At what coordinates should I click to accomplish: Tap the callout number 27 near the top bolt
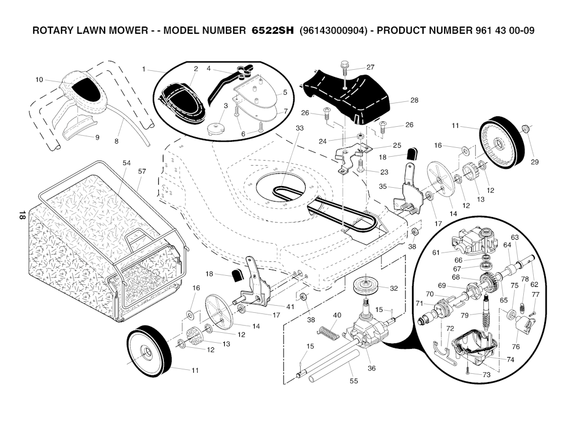(370, 67)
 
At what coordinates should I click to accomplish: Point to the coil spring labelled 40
(329, 332)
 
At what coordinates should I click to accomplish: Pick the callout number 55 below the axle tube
(354, 381)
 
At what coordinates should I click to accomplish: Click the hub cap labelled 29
(526, 128)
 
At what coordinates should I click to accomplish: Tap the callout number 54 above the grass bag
(126, 163)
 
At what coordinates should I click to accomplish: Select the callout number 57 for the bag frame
(142, 171)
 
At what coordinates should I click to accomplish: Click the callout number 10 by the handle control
(39, 80)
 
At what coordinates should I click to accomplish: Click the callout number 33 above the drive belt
(300, 128)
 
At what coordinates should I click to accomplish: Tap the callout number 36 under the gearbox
(372, 368)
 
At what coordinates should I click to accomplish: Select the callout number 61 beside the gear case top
(436, 253)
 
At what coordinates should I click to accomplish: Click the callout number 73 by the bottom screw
(486, 375)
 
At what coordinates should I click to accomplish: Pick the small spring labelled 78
(522, 308)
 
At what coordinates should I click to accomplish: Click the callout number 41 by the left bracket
(290, 307)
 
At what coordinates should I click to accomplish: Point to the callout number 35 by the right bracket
(383, 187)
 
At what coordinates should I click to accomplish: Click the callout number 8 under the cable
(116, 141)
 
